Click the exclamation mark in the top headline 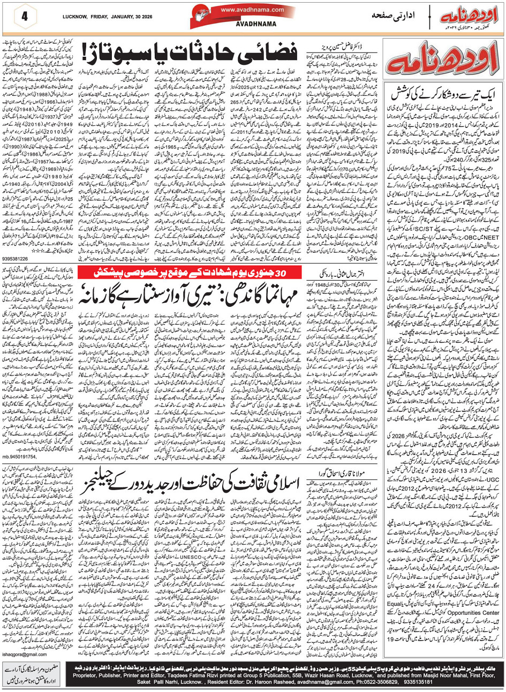pos(86,53)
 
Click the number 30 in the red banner pos(288,272)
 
